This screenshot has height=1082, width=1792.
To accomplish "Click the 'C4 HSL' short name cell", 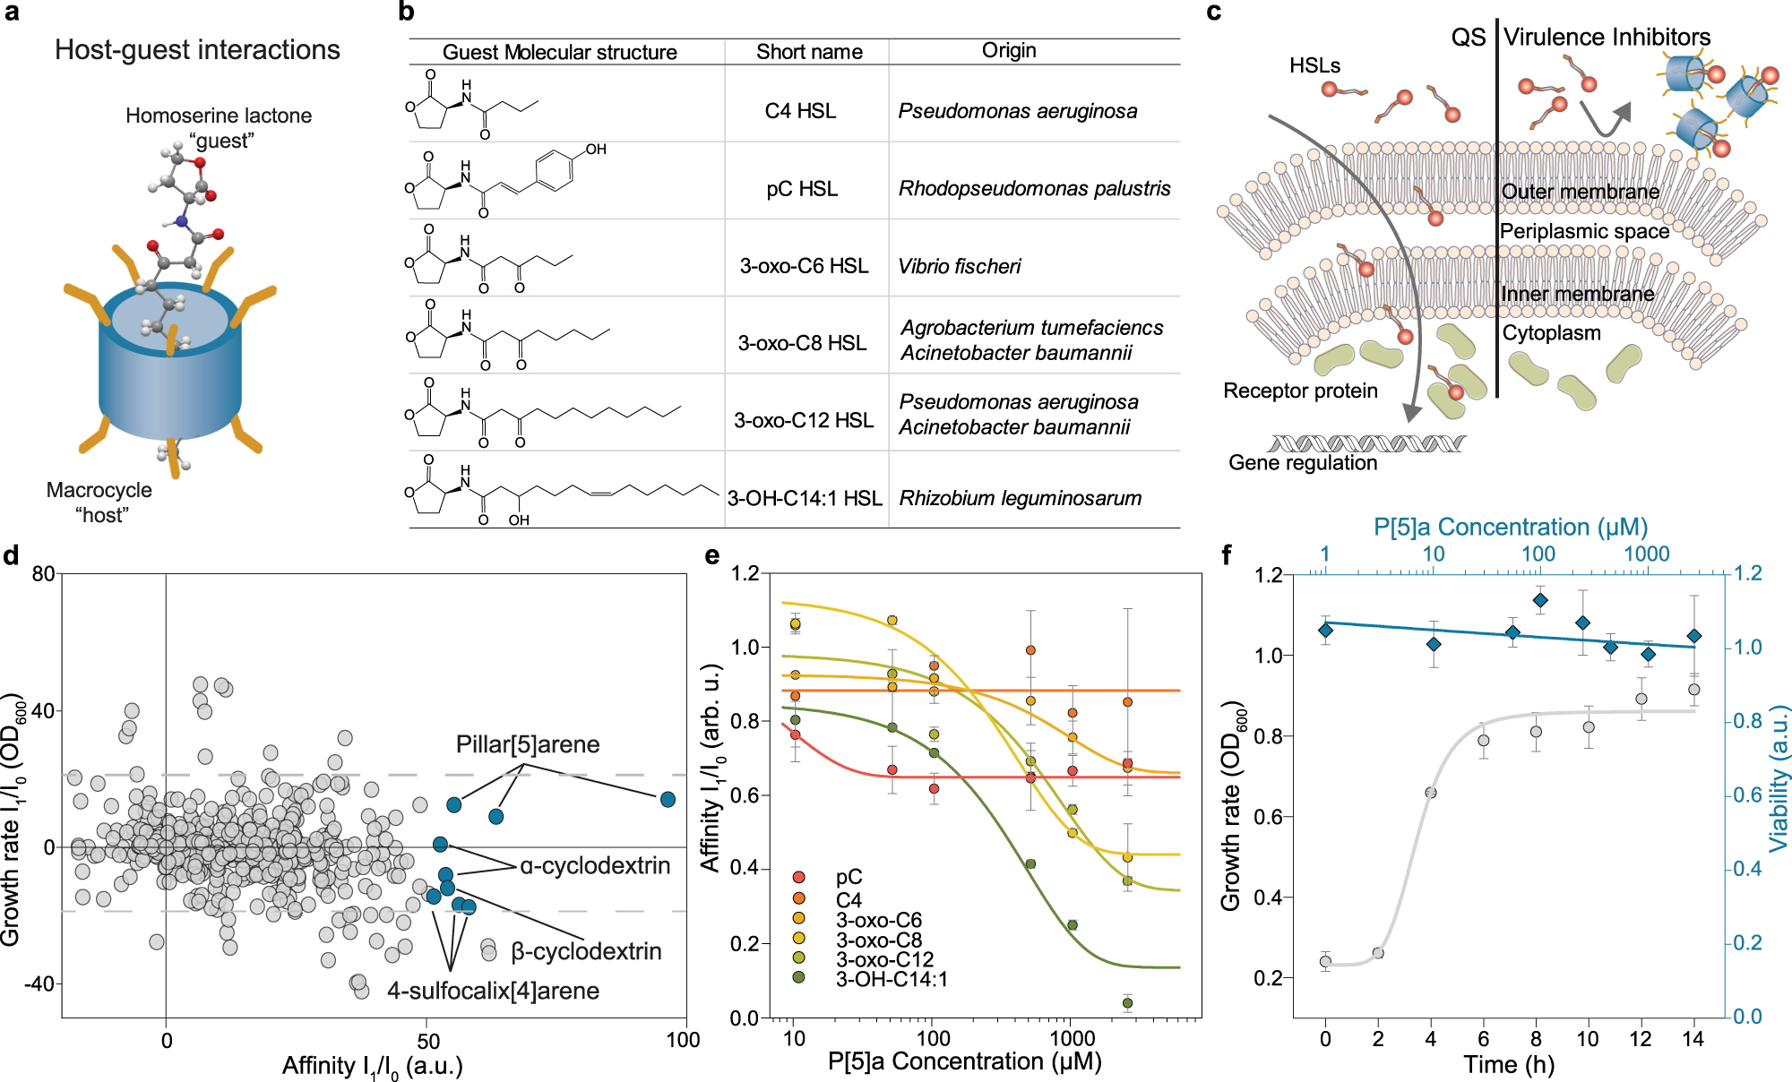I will coord(800,111).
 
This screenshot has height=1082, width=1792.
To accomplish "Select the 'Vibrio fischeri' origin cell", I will coord(960,266).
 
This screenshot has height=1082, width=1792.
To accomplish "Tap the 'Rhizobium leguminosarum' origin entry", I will coord(1021,498).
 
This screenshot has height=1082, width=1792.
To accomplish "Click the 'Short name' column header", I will coord(809,52).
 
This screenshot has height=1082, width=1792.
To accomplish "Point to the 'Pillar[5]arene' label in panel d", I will coord(528,744).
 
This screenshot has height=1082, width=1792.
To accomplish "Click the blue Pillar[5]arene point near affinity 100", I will coord(668,799).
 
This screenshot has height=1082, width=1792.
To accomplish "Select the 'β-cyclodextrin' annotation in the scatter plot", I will coord(586,951).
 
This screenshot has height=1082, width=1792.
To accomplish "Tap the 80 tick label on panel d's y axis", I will coord(43,573).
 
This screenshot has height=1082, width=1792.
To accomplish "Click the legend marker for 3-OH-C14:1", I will coord(798,977).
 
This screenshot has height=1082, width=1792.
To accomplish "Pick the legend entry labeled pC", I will coord(849,877).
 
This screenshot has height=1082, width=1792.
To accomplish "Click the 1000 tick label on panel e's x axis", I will coord(1072,1039).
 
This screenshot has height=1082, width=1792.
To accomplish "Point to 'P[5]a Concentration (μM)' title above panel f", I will coord(1511,527).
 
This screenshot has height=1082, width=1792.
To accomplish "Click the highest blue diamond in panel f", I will coord(1540,600).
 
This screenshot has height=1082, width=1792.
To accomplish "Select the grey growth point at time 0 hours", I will coord(1325,961).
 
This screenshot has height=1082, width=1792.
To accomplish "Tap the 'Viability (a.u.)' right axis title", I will coord(1779,779).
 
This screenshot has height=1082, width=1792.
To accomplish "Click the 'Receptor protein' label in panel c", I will coord(1300,391).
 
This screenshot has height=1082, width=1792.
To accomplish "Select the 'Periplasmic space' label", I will coord(1584,231).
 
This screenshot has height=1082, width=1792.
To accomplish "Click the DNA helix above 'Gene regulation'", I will coord(1366,443).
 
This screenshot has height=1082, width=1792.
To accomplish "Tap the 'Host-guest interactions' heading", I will coord(197,50).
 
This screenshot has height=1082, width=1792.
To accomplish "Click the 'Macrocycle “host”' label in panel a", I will coord(99,502).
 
